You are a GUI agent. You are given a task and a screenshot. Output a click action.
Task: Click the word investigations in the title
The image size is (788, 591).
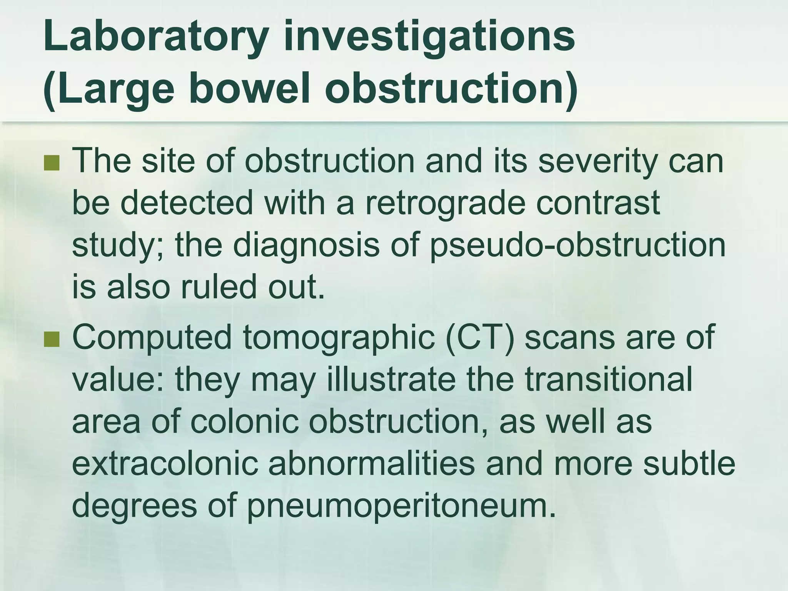click(429, 38)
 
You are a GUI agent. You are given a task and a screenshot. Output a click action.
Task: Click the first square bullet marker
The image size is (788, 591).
click(52, 163)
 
